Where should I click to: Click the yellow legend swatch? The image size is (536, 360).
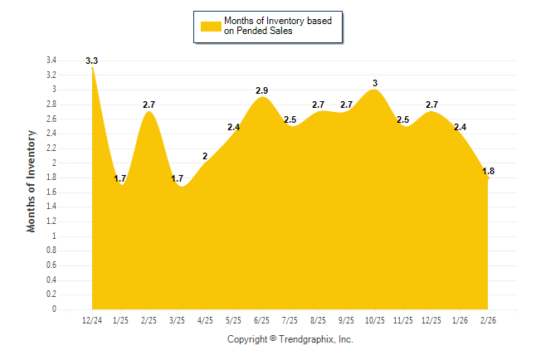click(211, 26)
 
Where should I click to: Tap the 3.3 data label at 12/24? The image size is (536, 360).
click(92, 61)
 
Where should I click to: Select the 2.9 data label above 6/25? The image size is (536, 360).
click(262, 90)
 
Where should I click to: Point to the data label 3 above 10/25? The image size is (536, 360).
click(375, 83)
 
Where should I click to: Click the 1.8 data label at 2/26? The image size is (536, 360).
click(489, 172)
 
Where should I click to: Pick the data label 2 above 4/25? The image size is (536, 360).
click(205, 156)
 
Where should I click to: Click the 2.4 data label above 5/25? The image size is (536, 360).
click(233, 127)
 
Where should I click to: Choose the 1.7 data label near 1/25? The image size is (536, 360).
click(120, 178)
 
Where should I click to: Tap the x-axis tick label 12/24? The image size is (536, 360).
click(92, 320)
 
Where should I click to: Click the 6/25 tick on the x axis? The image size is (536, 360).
click(262, 320)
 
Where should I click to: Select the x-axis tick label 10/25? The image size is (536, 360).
click(375, 320)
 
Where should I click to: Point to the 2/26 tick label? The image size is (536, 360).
click(489, 320)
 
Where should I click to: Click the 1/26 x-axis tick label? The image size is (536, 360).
click(460, 320)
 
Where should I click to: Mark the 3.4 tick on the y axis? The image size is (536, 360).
click(51, 61)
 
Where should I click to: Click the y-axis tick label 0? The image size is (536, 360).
click(54, 309)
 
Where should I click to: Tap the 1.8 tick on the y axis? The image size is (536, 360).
click(51, 178)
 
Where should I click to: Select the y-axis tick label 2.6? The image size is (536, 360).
click(51, 119)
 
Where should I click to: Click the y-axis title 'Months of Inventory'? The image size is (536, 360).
click(32, 180)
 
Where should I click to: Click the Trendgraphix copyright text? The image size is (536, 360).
click(290, 339)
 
